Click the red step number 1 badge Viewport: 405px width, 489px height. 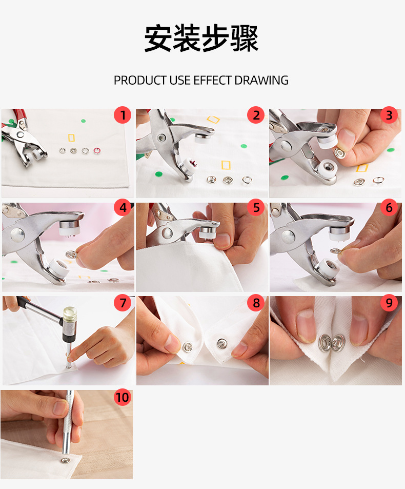click(x=123, y=115)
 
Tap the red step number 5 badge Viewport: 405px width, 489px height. click(x=256, y=208)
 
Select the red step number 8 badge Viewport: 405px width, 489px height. click(x=256, y=303)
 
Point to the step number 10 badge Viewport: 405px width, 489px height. click(x=122, y=397)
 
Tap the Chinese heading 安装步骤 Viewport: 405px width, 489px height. click(x=201, y=38)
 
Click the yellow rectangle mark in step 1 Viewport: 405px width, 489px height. click(x=71, y=138)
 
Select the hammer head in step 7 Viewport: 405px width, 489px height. click(x=70, y=324)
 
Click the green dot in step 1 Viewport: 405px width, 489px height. click(x=83, y=121)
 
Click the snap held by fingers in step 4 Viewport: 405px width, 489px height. click(x=71, y=255)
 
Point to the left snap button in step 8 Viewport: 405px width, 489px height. click(x=187, y=347)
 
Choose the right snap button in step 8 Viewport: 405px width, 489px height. click(x=221, y=343)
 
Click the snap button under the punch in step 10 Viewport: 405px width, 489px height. click(x=65, y=460)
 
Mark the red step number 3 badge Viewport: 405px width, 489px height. click(x=389, y=115)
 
